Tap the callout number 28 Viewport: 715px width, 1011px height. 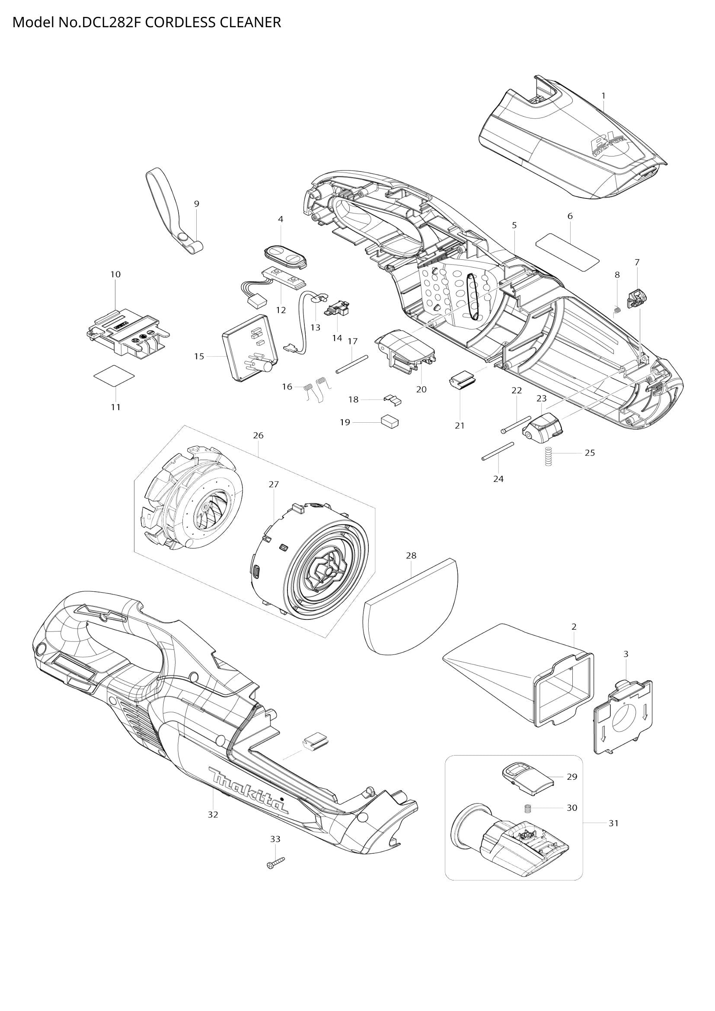pos(411,556)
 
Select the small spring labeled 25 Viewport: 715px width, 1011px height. pos(548,456)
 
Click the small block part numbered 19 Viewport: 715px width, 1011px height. pos(390,422)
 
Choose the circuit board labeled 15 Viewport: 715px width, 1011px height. pos(249,348)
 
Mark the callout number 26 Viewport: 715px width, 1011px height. pos(258,436)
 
